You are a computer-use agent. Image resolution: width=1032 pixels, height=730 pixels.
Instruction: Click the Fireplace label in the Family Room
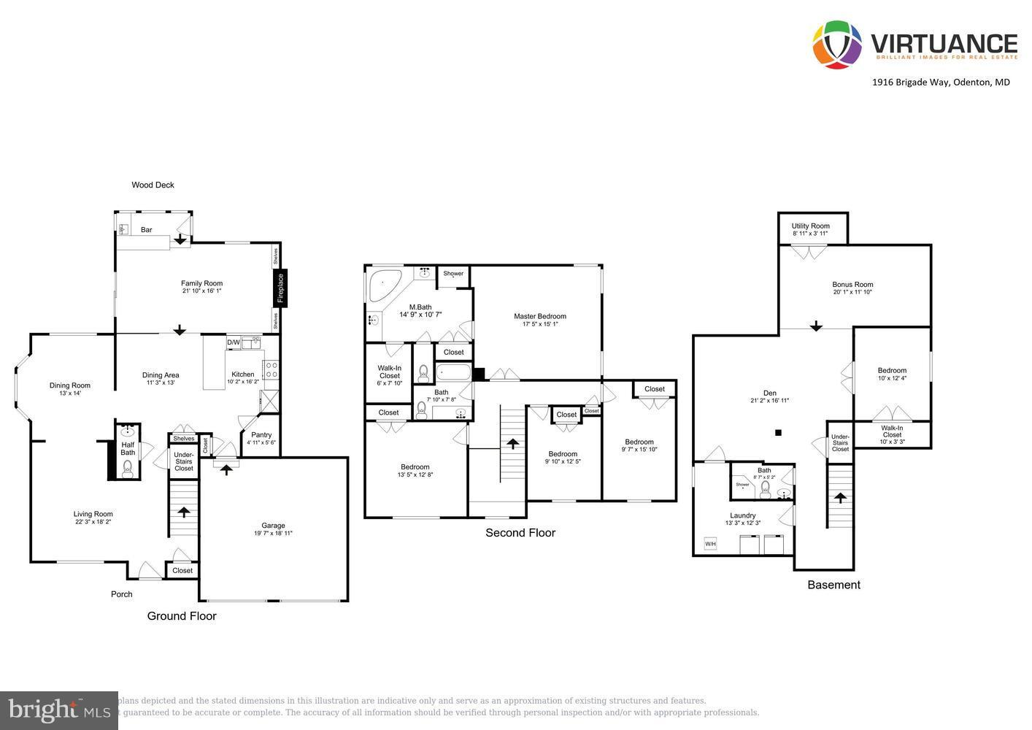click(280, 288)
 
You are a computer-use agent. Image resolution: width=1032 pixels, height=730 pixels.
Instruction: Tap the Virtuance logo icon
click(837, 45)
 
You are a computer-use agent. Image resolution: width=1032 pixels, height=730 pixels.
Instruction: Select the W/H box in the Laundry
click(709, 544)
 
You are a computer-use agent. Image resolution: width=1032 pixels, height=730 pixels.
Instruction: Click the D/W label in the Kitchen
click(234, 342)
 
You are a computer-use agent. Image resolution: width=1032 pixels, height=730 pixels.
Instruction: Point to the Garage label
click(274, 526)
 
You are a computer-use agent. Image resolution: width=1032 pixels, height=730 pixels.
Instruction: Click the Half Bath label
click(128, 448)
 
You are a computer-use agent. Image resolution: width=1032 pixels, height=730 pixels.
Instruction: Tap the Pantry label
click(261, 435)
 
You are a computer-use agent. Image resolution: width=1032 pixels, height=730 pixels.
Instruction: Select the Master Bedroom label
click(540, 316)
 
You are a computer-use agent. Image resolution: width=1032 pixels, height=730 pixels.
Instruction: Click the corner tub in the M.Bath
click(382, 285)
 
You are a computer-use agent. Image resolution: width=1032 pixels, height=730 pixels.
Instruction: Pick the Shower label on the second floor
click(453, 274)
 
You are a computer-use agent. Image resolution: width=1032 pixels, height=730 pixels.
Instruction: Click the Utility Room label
click(811, 226)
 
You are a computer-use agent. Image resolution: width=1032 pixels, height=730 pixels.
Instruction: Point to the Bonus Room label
click(852, 285)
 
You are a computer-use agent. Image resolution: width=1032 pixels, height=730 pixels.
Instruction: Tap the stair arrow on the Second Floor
click(513, 443)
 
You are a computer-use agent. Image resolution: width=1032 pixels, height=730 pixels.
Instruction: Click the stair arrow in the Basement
click(840, 497)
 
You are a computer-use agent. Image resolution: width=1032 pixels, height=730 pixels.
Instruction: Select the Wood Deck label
click(153, 185)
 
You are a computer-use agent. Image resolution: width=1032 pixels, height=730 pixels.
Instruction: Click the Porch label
click(122, 594)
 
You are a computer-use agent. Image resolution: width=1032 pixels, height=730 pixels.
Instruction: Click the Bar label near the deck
click(147, 230)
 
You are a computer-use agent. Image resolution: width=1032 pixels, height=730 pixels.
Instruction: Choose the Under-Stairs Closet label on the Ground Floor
click(184, 461)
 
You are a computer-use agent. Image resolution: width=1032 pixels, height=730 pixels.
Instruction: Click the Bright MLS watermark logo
click(58, 710)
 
